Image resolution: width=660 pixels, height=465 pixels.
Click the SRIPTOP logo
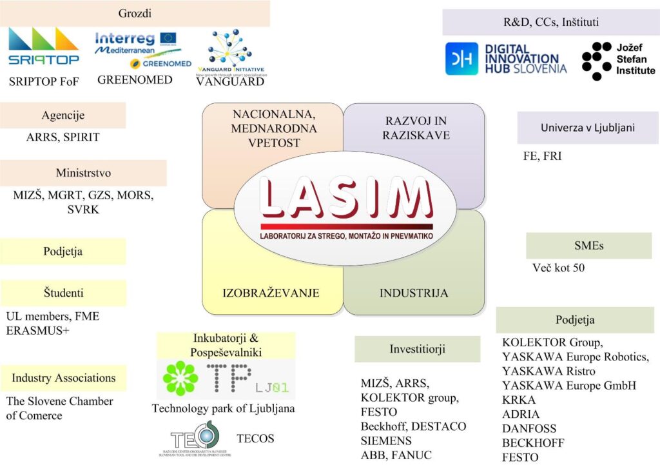pyautogui.click(x=44, y=48)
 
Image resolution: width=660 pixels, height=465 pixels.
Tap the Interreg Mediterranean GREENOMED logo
pyautogui.click(x=137, y=50)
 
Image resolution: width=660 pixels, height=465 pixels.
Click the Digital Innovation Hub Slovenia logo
pyautogui.click(x=507, y=59)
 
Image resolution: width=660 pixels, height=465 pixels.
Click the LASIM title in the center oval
pyautogui.click(x=346, y=197)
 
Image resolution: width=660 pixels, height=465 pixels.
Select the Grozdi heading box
pyautogui.click(x=135, y=14)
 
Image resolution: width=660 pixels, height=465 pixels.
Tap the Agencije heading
pyautogui.click(x=63, y=115)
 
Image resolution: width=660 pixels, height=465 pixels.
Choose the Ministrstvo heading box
pyautogui.click(x=82, y=173)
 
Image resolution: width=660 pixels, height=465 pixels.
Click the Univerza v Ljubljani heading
pyautogui.click(x=587, y=128)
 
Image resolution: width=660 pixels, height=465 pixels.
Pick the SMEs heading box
pyautogui.click(x=588, y=246)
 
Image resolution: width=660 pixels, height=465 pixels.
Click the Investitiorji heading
pyautogui.click(x=417, y=349)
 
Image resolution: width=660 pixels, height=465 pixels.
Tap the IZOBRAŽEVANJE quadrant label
pyautogui.click(x=271, y=293)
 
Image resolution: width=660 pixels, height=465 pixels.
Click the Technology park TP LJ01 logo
pyautogui.click(x=226, y=379)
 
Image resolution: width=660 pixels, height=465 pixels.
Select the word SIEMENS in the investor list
pyautogui.click(x=386, y=440)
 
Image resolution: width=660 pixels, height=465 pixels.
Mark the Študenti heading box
pyautogui.click(x=63, y=293)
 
